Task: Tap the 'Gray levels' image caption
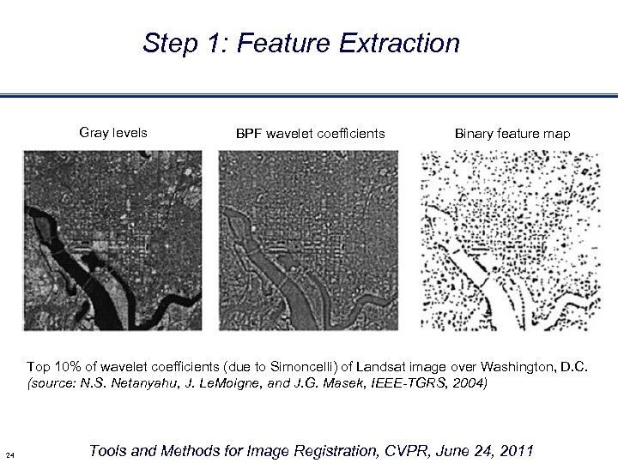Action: pos(112,133)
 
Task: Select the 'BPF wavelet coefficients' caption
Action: pos(310,134)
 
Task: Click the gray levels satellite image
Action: pos(112,241)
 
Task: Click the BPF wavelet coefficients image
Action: pos(310,241)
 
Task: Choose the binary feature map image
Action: pos(507,241)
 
